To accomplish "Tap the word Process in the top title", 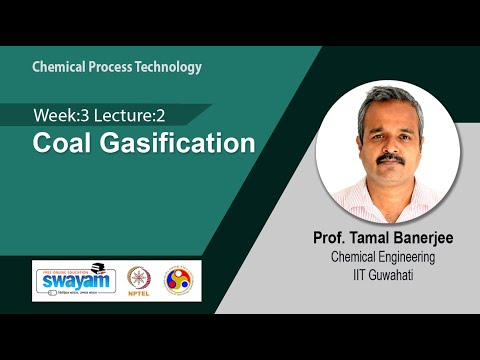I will pyautogui.click(x=113, y=67).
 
